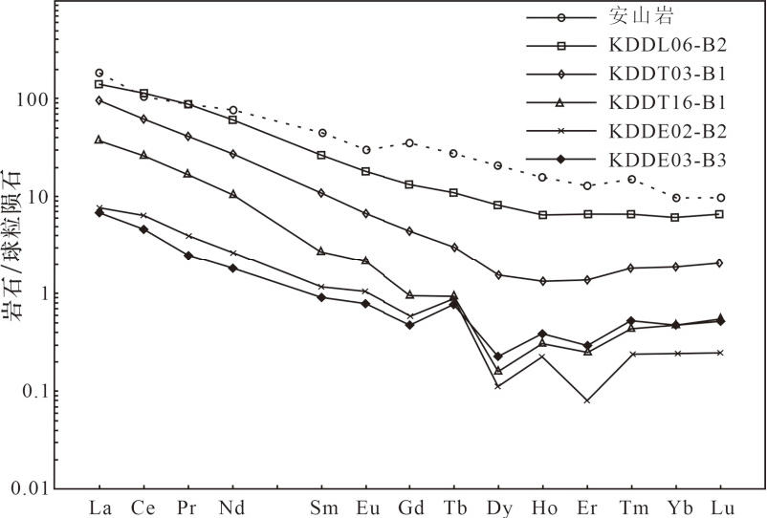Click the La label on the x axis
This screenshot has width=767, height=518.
click(99, 506)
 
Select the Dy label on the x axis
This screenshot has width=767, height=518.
click(497, 506)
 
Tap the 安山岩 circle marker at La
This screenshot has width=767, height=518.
click(99, 73)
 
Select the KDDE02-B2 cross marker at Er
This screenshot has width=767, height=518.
click(586, 400)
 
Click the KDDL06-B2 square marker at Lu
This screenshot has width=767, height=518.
click(718, 214)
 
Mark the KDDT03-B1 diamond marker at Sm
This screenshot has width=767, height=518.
click(322, 193)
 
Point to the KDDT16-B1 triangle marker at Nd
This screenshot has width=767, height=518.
click(232, 194)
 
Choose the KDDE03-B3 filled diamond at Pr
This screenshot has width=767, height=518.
click(188, 255)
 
